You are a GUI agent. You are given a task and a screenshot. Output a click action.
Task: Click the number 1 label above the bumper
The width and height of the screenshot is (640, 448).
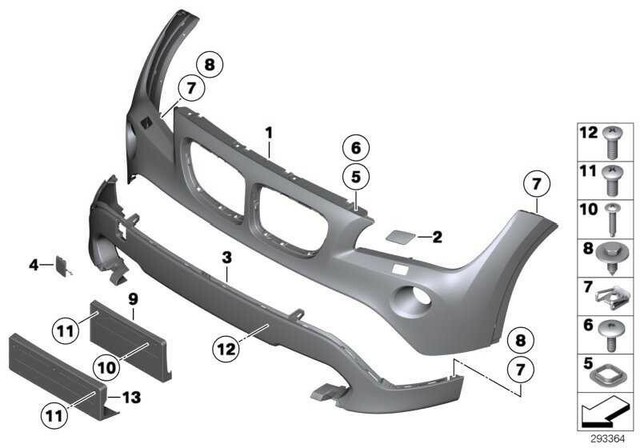point(269,132)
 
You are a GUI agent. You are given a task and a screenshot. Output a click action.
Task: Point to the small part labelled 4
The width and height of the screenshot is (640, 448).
point(59,266)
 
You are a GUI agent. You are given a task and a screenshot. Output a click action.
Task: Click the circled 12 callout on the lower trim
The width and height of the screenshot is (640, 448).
point(226,348)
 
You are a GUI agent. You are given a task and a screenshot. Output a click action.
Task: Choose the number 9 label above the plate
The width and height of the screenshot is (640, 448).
point(132,297)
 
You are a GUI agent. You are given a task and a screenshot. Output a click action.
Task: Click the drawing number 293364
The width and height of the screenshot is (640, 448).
point(607,437)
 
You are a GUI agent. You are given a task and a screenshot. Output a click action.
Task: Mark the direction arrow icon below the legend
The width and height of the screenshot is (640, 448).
point(603,410)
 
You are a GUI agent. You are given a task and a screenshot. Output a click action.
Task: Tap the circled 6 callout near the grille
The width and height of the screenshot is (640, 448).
point(355,148)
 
